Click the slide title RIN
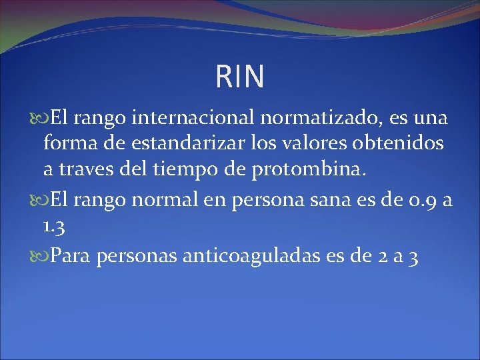[x=240, y=77]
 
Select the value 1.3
[x=53, y=227]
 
